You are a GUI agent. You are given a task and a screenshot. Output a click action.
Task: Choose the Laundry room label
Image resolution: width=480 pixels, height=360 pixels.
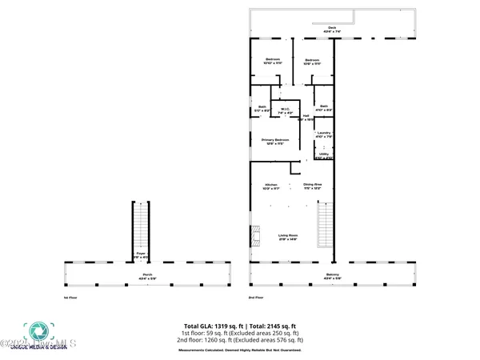(x=324, y=134)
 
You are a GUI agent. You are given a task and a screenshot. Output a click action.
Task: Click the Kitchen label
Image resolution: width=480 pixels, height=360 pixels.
(x=270, y=186)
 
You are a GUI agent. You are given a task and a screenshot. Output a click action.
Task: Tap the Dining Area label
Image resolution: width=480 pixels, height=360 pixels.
(x=312, y=186)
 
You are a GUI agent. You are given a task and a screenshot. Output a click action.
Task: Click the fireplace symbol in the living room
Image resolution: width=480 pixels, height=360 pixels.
(x=256, y=236)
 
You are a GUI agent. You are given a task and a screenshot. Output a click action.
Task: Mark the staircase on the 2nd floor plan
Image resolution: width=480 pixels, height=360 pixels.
(x=324, y=226)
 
